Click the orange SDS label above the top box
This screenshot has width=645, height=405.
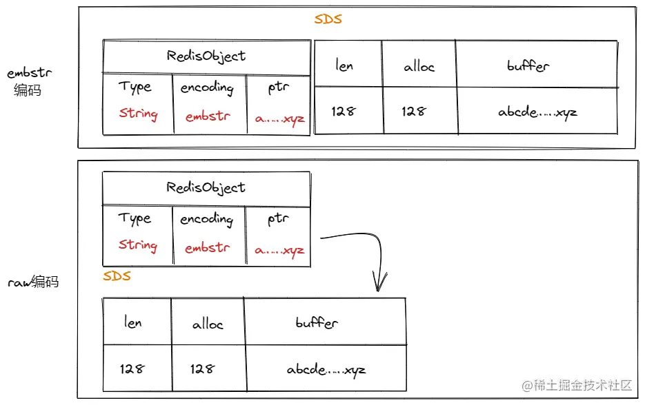[x=328, y=19]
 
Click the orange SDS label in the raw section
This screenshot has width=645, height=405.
[x=117, y=277]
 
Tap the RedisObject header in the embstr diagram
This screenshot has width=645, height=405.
[x=206, y=56]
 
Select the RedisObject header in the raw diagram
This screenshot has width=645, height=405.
[x=206, y=187]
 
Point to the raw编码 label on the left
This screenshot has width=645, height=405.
[x=33, y=282]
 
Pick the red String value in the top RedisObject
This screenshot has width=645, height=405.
[x=138, y=114]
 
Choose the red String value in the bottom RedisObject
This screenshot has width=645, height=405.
[x=137, y=245]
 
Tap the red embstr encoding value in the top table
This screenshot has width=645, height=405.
[x=208, y=116]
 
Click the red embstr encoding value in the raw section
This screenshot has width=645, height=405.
[x=207, y=248]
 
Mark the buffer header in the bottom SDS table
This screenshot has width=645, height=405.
[x=317, y=322]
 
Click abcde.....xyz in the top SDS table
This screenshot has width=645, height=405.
[x=537, y=112]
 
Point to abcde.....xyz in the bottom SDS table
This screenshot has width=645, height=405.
[x=326, y=370]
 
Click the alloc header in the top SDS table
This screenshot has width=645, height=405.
[x=419, y=67]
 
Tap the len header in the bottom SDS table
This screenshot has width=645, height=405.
[x=132, y=322]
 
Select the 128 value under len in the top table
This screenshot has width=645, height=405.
[x=343, y=111]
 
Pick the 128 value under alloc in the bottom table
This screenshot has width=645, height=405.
[x=202, y=368]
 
